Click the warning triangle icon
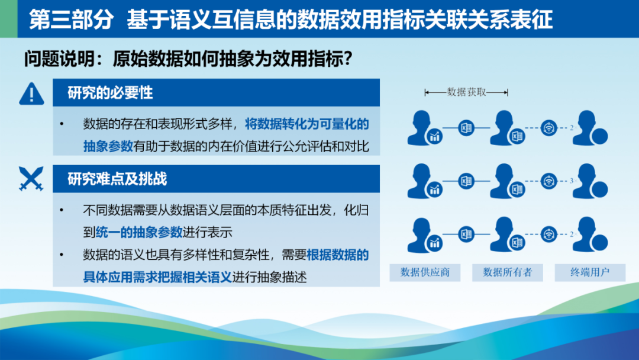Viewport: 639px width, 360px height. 31,94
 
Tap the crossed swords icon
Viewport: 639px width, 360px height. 31,179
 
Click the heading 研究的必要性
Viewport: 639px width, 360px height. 110,93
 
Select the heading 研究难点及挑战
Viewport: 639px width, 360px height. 117,179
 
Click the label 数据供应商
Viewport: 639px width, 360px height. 425,272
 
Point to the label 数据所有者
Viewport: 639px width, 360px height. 508,272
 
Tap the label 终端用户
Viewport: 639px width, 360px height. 590,272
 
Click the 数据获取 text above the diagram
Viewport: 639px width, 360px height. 467,92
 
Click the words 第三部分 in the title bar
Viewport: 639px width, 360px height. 71,19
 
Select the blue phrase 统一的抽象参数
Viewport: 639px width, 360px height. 139,232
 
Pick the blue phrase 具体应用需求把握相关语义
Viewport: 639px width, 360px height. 157,277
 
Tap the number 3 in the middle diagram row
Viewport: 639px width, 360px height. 572,181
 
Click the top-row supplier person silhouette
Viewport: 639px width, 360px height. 421,127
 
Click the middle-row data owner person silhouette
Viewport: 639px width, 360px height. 504,181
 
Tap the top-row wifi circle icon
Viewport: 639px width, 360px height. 548,128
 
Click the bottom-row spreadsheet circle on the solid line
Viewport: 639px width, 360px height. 466,234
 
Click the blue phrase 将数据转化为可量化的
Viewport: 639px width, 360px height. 307,124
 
